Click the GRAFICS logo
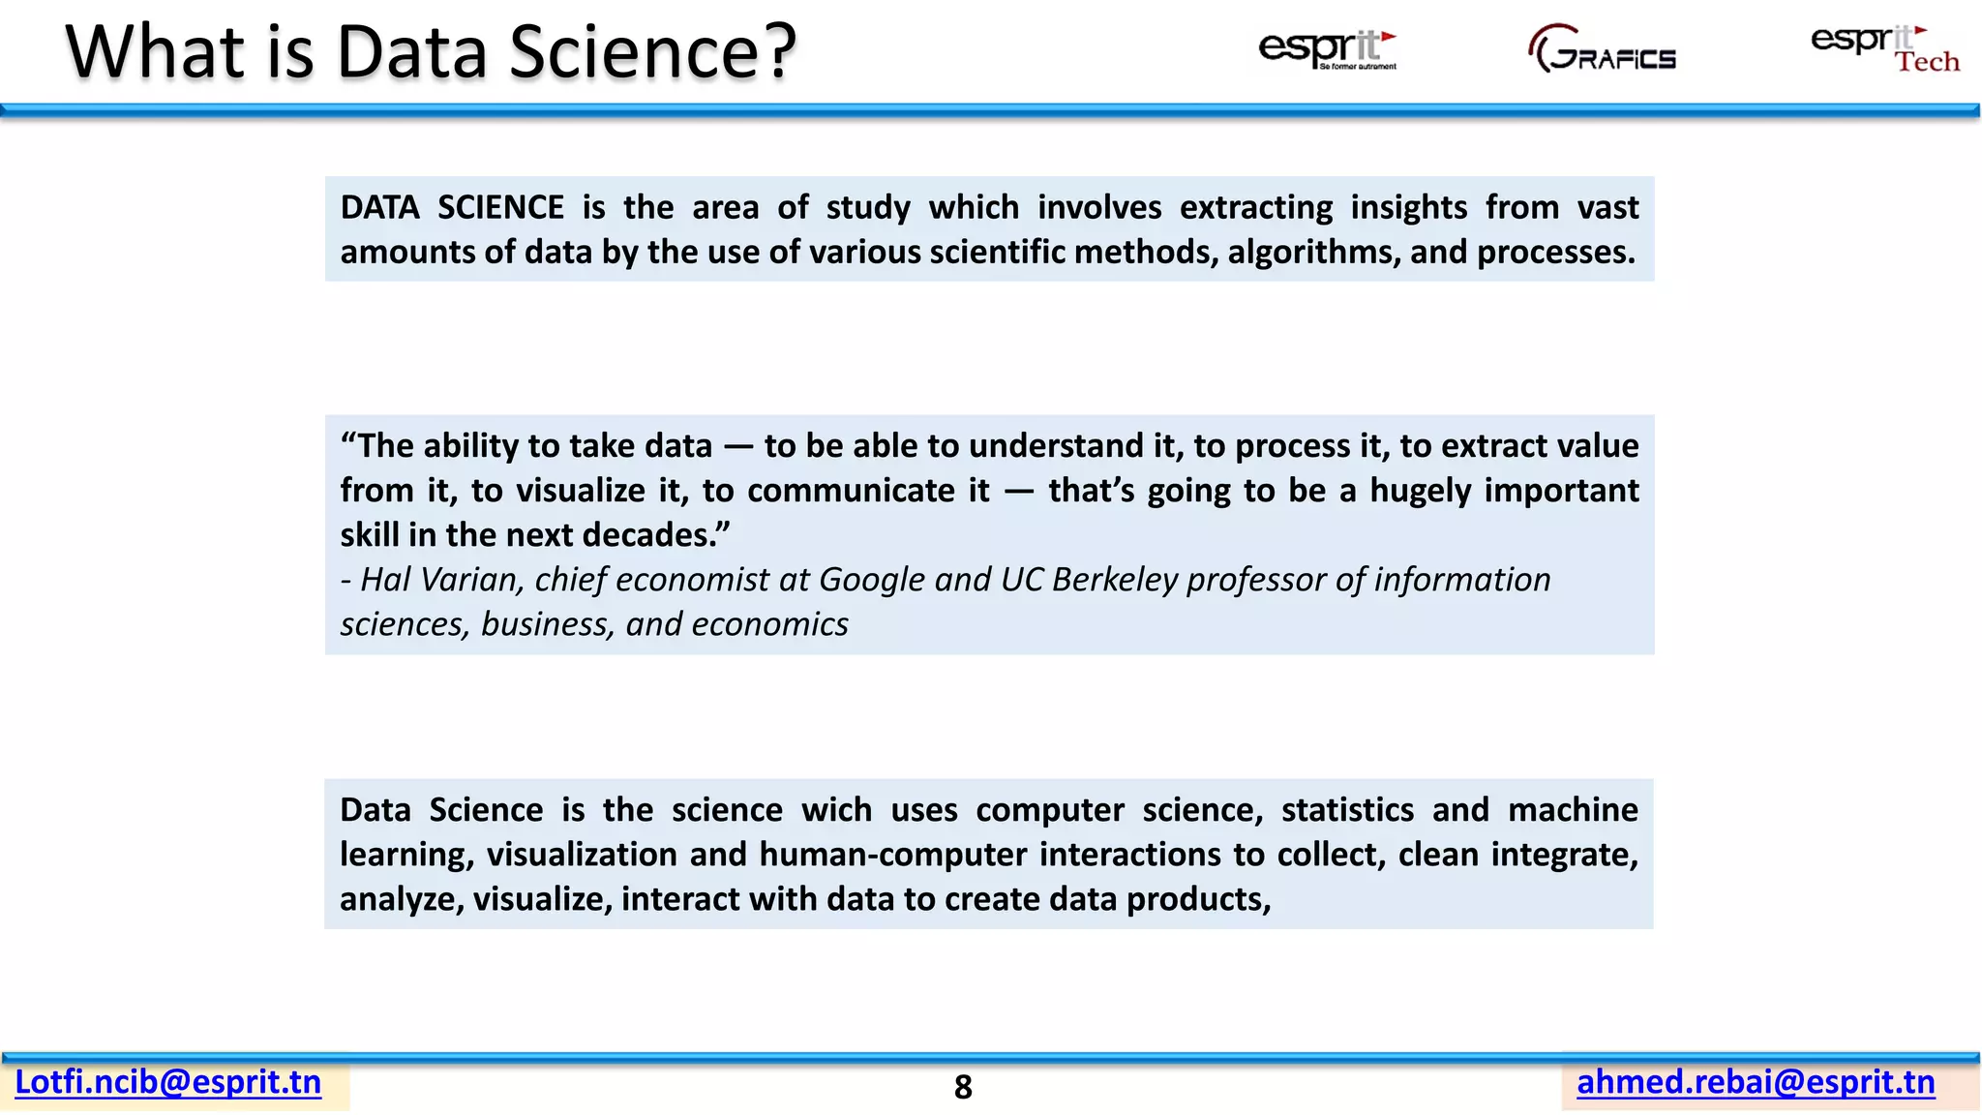pos(1603,50)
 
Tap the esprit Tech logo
pos(1884,48)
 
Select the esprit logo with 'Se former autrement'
pos(1327,48)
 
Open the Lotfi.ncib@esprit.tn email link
pos(168,1082)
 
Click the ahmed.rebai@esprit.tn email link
pos(1756,1082)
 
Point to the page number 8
pos(963,1088)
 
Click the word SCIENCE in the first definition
pos(500,208)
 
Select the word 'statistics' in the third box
pos(1347,810)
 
